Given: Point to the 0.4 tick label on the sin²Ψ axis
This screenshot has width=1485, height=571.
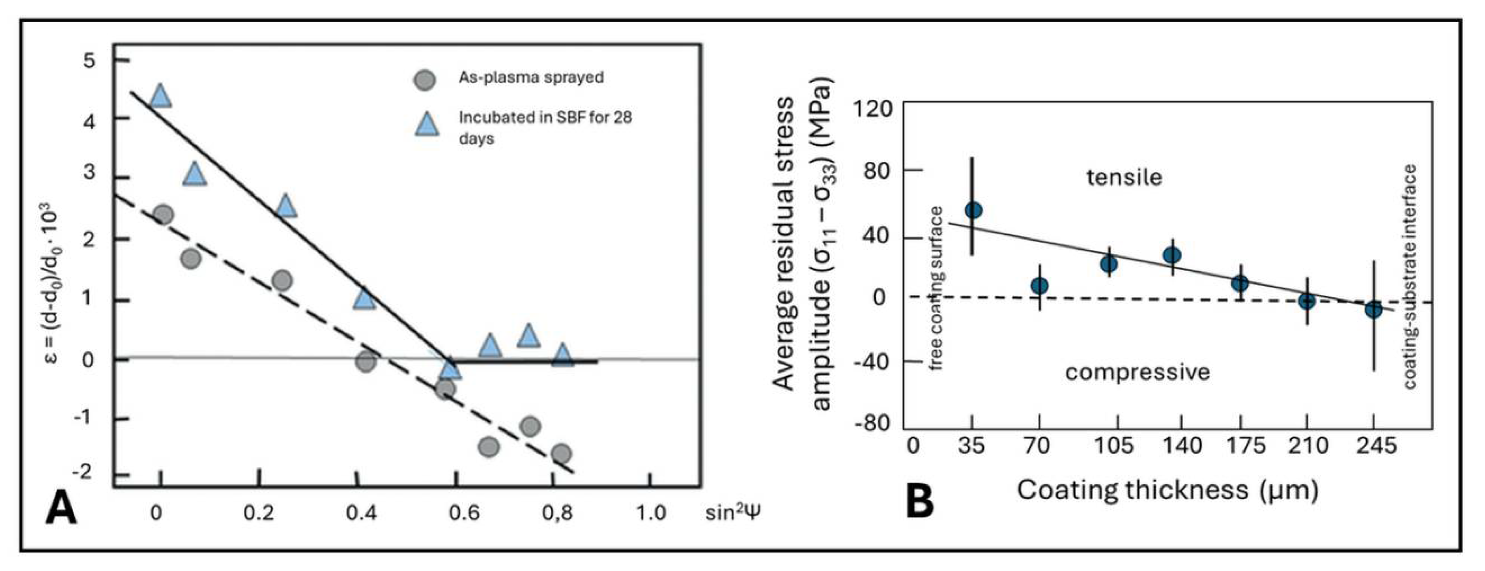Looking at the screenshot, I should point(362,513).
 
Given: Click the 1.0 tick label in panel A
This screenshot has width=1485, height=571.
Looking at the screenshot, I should point(651,513).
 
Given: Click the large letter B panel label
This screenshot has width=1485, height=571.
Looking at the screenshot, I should point(919,501).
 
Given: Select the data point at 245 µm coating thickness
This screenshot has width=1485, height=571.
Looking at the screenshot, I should point(1374,310).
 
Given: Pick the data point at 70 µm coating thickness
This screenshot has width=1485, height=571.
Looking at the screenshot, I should point(1039,286).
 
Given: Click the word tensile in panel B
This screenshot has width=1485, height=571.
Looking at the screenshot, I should point(1124,177).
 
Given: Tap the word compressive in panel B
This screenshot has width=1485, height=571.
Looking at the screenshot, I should point(1137,372).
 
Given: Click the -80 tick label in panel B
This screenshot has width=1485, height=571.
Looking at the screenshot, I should point(871,424).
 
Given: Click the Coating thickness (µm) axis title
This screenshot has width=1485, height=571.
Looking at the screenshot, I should point(1167,490).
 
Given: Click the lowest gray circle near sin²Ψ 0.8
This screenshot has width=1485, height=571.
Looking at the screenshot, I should point(561,453).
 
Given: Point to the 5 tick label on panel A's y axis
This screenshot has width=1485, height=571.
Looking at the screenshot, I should point(90,60).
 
